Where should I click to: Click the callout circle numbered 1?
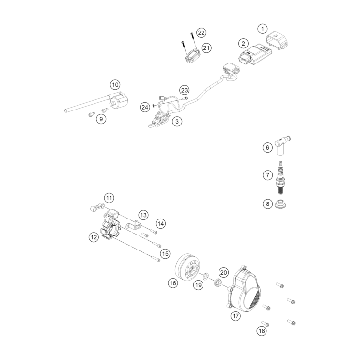[x=263, y=29]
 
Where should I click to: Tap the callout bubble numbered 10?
[x=115, y=85]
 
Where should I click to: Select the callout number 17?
[x=236, y=316]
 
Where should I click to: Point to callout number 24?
[x=145, y=107]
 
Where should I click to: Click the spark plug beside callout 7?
[x=280, y=177]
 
